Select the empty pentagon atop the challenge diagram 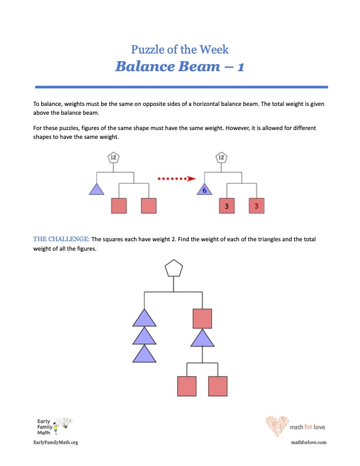(173, 269)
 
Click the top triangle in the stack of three (144, 318)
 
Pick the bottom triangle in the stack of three (144, 354)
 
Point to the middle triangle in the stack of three (144, 336)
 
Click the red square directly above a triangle (202, 319)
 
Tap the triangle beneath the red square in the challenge (202, 338)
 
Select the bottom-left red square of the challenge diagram (187, 386)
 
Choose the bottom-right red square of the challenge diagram (218, 386)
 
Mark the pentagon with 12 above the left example (114, 158)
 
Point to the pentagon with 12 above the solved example (221, 158)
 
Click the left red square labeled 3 (227, 206)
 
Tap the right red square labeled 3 (256, 206)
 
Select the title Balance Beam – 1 (180, 66)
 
